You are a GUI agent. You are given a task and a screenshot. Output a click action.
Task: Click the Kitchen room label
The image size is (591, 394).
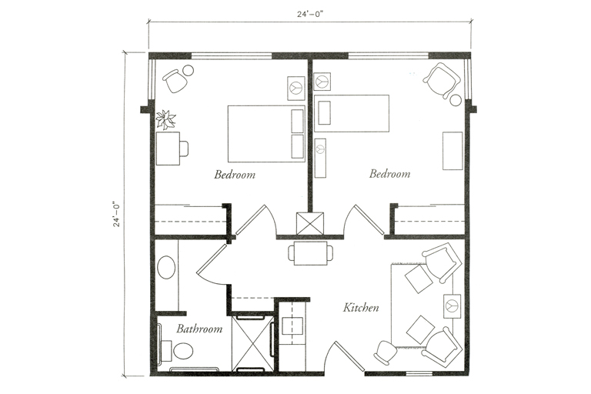click(361, 308)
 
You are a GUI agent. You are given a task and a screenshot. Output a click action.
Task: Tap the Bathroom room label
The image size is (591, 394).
click(199, 329)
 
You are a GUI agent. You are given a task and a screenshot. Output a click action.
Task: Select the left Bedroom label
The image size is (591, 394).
click(235, 174)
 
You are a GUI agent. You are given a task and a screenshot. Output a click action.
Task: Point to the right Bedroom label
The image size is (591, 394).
click(389, 173)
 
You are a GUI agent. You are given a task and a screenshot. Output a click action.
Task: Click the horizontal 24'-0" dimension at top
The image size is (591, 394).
click(310, 14)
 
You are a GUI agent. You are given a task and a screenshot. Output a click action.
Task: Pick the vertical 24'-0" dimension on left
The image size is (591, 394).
click(117, 214)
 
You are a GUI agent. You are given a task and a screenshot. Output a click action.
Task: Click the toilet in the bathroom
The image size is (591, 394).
click(179, 352)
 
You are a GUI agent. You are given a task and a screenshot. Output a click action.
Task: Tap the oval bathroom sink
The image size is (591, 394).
click(166, 267)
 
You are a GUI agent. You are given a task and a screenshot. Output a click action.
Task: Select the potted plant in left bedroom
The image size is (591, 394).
click(166, 119)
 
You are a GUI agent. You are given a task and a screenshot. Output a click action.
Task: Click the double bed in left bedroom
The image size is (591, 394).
click(266, 134)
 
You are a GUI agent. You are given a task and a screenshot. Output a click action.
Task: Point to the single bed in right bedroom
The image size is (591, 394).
click(351, 113)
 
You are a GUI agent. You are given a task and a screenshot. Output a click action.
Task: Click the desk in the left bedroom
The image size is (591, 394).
click(168, 149)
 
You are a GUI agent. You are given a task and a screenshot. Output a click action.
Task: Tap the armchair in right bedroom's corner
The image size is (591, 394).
click(442, 80)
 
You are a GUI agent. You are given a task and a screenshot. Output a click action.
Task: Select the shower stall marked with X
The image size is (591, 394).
click(252, 342)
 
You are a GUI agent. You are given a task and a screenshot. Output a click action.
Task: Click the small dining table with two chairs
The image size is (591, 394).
click(311, 253)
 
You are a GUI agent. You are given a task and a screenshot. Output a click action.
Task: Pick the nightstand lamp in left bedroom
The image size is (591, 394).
click(296, 88)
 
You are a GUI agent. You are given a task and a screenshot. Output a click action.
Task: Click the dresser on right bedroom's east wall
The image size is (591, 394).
click(452, 151)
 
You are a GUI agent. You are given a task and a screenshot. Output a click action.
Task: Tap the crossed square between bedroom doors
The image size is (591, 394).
click(310, 224)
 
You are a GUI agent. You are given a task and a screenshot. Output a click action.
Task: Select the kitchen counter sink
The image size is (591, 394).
click(292, 326)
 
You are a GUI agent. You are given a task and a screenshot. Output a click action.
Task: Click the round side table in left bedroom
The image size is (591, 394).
click(188, 71)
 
